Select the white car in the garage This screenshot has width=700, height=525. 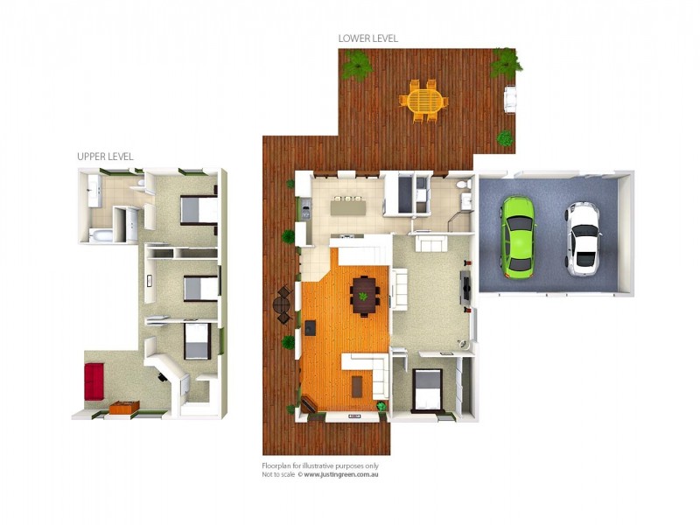[x=582, y=237]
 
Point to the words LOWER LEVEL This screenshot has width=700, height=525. [x=368, y=38]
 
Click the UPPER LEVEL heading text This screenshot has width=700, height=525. [x=105, y=156]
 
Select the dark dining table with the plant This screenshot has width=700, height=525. [x=363, y=295]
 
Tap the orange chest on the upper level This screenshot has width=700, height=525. [x=124, y=407]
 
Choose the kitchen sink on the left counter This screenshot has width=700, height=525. [x=305, y=208]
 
